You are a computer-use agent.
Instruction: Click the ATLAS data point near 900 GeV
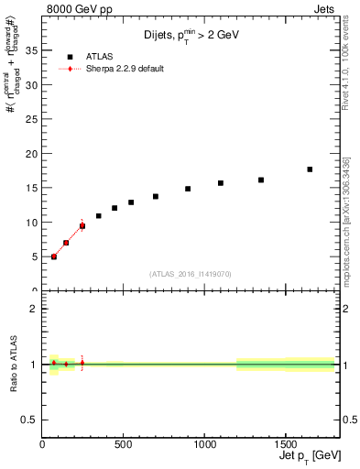(x=188, y=189)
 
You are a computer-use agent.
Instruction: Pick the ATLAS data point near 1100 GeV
(x=221, y=183)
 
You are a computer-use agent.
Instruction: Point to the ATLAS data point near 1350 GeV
(x=261, y=180)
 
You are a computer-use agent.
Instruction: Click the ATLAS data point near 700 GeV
(x=156, y=196)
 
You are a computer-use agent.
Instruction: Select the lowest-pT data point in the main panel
(x=54, y=256)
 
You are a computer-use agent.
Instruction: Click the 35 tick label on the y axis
(x=32, y=50)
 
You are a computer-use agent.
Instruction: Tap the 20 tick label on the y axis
(x=32, y=153)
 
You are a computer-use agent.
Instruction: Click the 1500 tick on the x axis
(x=285, y=444)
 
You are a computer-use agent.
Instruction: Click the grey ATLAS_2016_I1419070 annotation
(x=191, y=273)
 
